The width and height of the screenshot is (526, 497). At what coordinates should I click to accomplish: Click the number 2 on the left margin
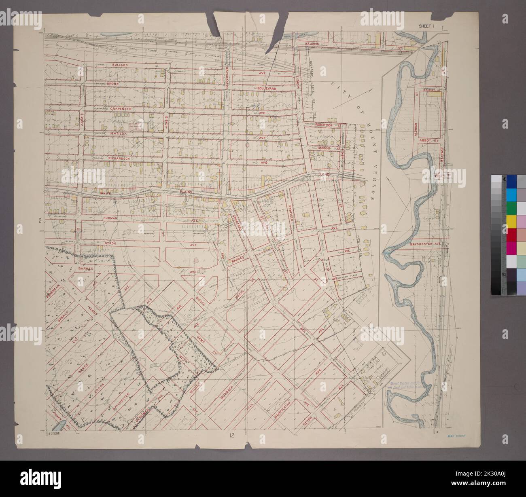coord(40,221)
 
